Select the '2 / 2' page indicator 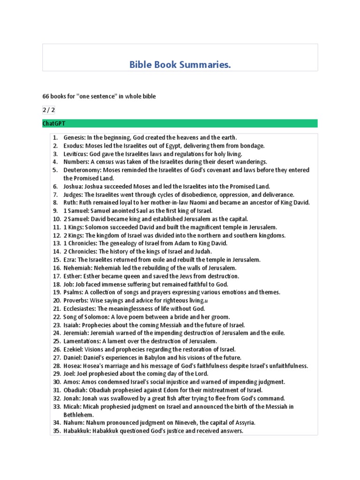48,110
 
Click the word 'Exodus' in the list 74,146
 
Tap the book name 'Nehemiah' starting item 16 77,268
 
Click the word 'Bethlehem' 79,414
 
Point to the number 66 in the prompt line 46,96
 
